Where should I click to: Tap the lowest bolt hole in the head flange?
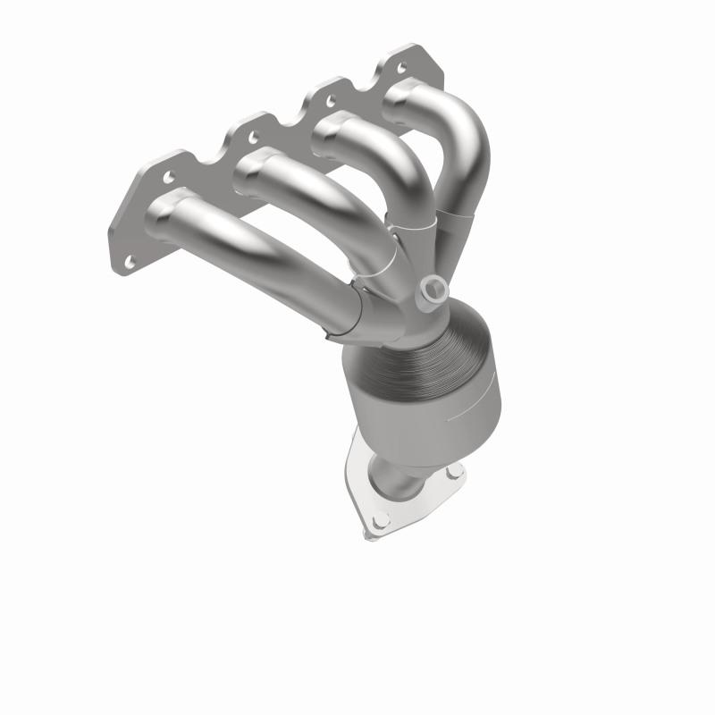pyautogui.click(x=130, y=260)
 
